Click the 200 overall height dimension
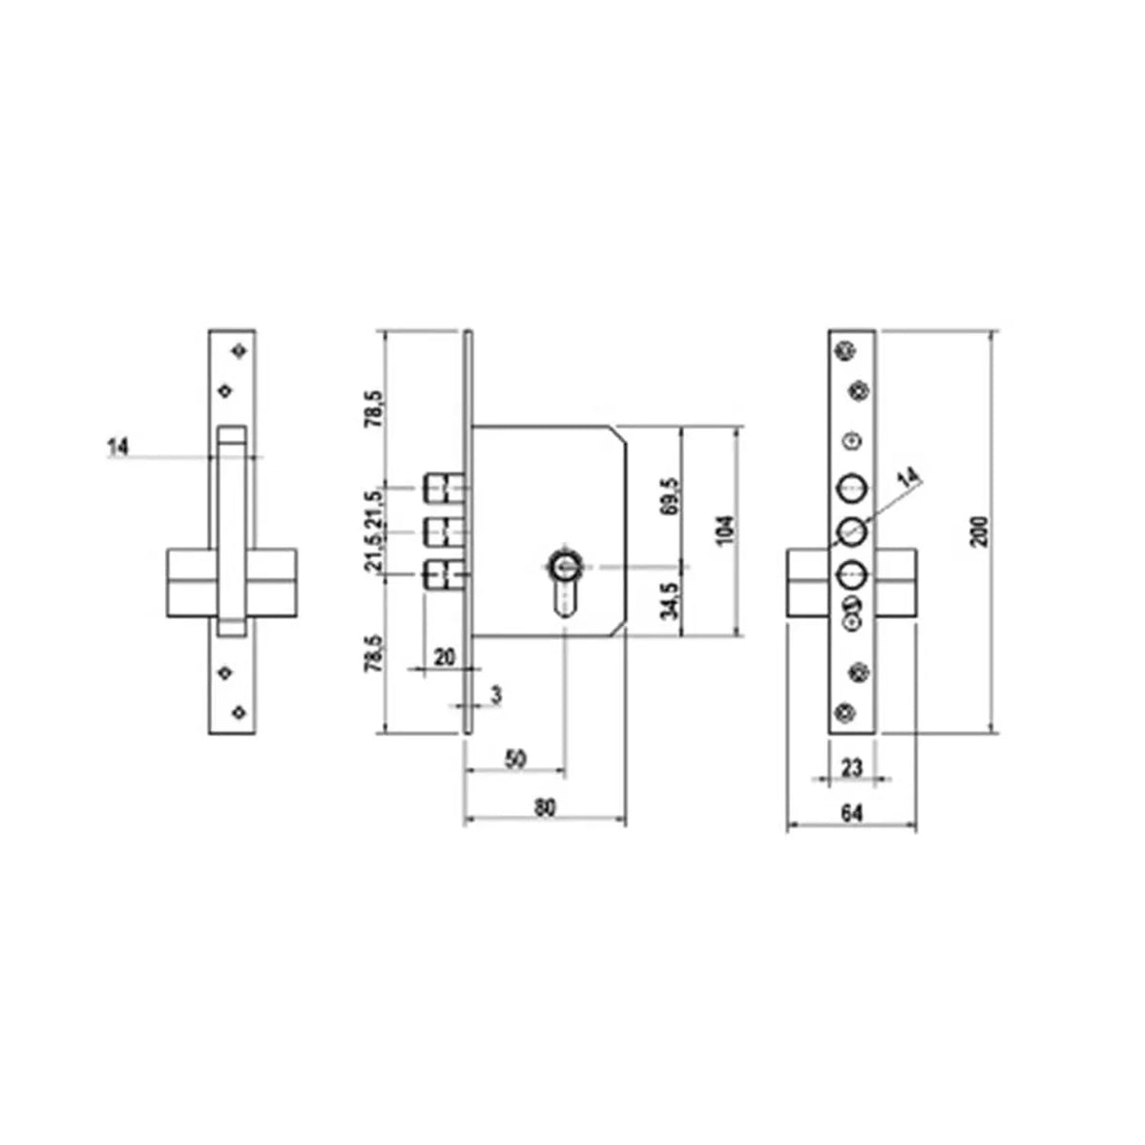(982, 531)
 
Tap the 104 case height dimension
(726, 530)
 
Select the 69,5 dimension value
(671, 497)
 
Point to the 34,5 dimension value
(671, 601)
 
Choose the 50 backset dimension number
(515, 759)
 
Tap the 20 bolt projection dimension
(445, 657)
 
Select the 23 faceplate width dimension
(851, 767)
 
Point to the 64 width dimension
(851, 812)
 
